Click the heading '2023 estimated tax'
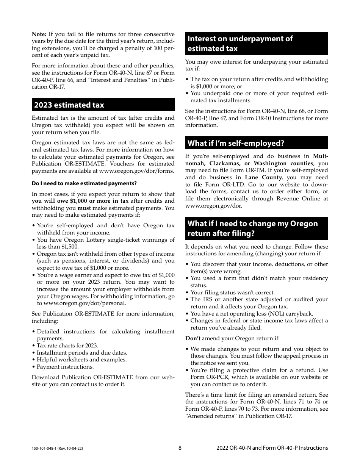tap(69, 105)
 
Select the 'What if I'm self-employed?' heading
tap(236, 143)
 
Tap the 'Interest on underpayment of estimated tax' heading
tap(240, 44)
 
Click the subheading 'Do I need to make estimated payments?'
tap(84, 183)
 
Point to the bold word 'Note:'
tap(39, 34)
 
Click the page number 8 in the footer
tap(180, 448)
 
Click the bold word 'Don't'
tap(193, 338)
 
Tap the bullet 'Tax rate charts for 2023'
tap(67, 346)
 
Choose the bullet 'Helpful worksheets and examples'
tap(81, 360)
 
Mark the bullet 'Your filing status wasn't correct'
tap(232, 292)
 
